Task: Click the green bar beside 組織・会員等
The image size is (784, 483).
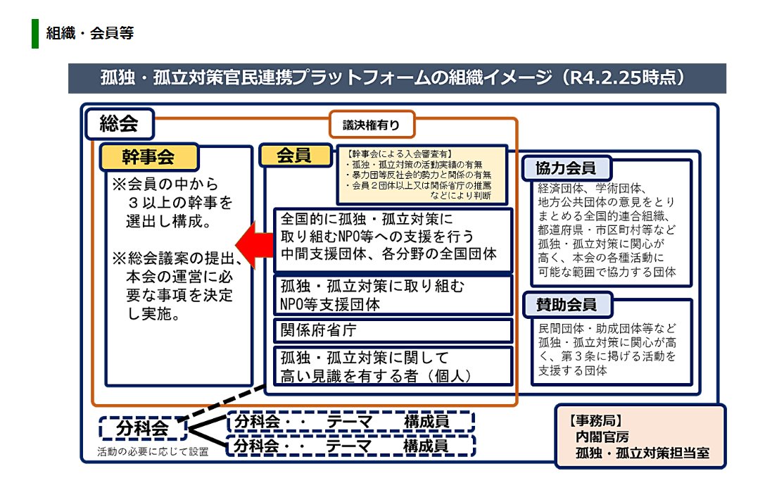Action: pos(34,34)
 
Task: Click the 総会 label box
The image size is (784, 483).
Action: pos(118,125)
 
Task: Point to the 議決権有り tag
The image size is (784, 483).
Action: pos(372,125)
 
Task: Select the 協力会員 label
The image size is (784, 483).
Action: pos(566,168)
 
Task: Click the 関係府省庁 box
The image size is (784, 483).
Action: pos(393,330)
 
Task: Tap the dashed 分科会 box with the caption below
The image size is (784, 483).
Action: pos(142,427)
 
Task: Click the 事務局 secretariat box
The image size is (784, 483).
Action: pos(640,437)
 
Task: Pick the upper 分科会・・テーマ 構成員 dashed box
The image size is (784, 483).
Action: pos(351,422)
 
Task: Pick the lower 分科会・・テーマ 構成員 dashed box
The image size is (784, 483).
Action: pos(351,445)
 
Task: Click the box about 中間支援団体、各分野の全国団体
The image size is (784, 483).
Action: pos(393,240)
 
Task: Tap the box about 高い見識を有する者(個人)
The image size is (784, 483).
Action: pos(393,365)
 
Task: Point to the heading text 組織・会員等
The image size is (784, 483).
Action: pos(89,33)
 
